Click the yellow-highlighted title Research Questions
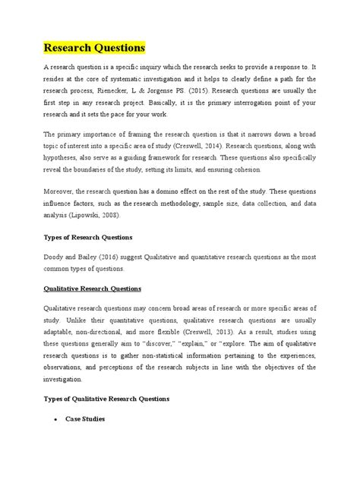(x=93, y=48)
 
